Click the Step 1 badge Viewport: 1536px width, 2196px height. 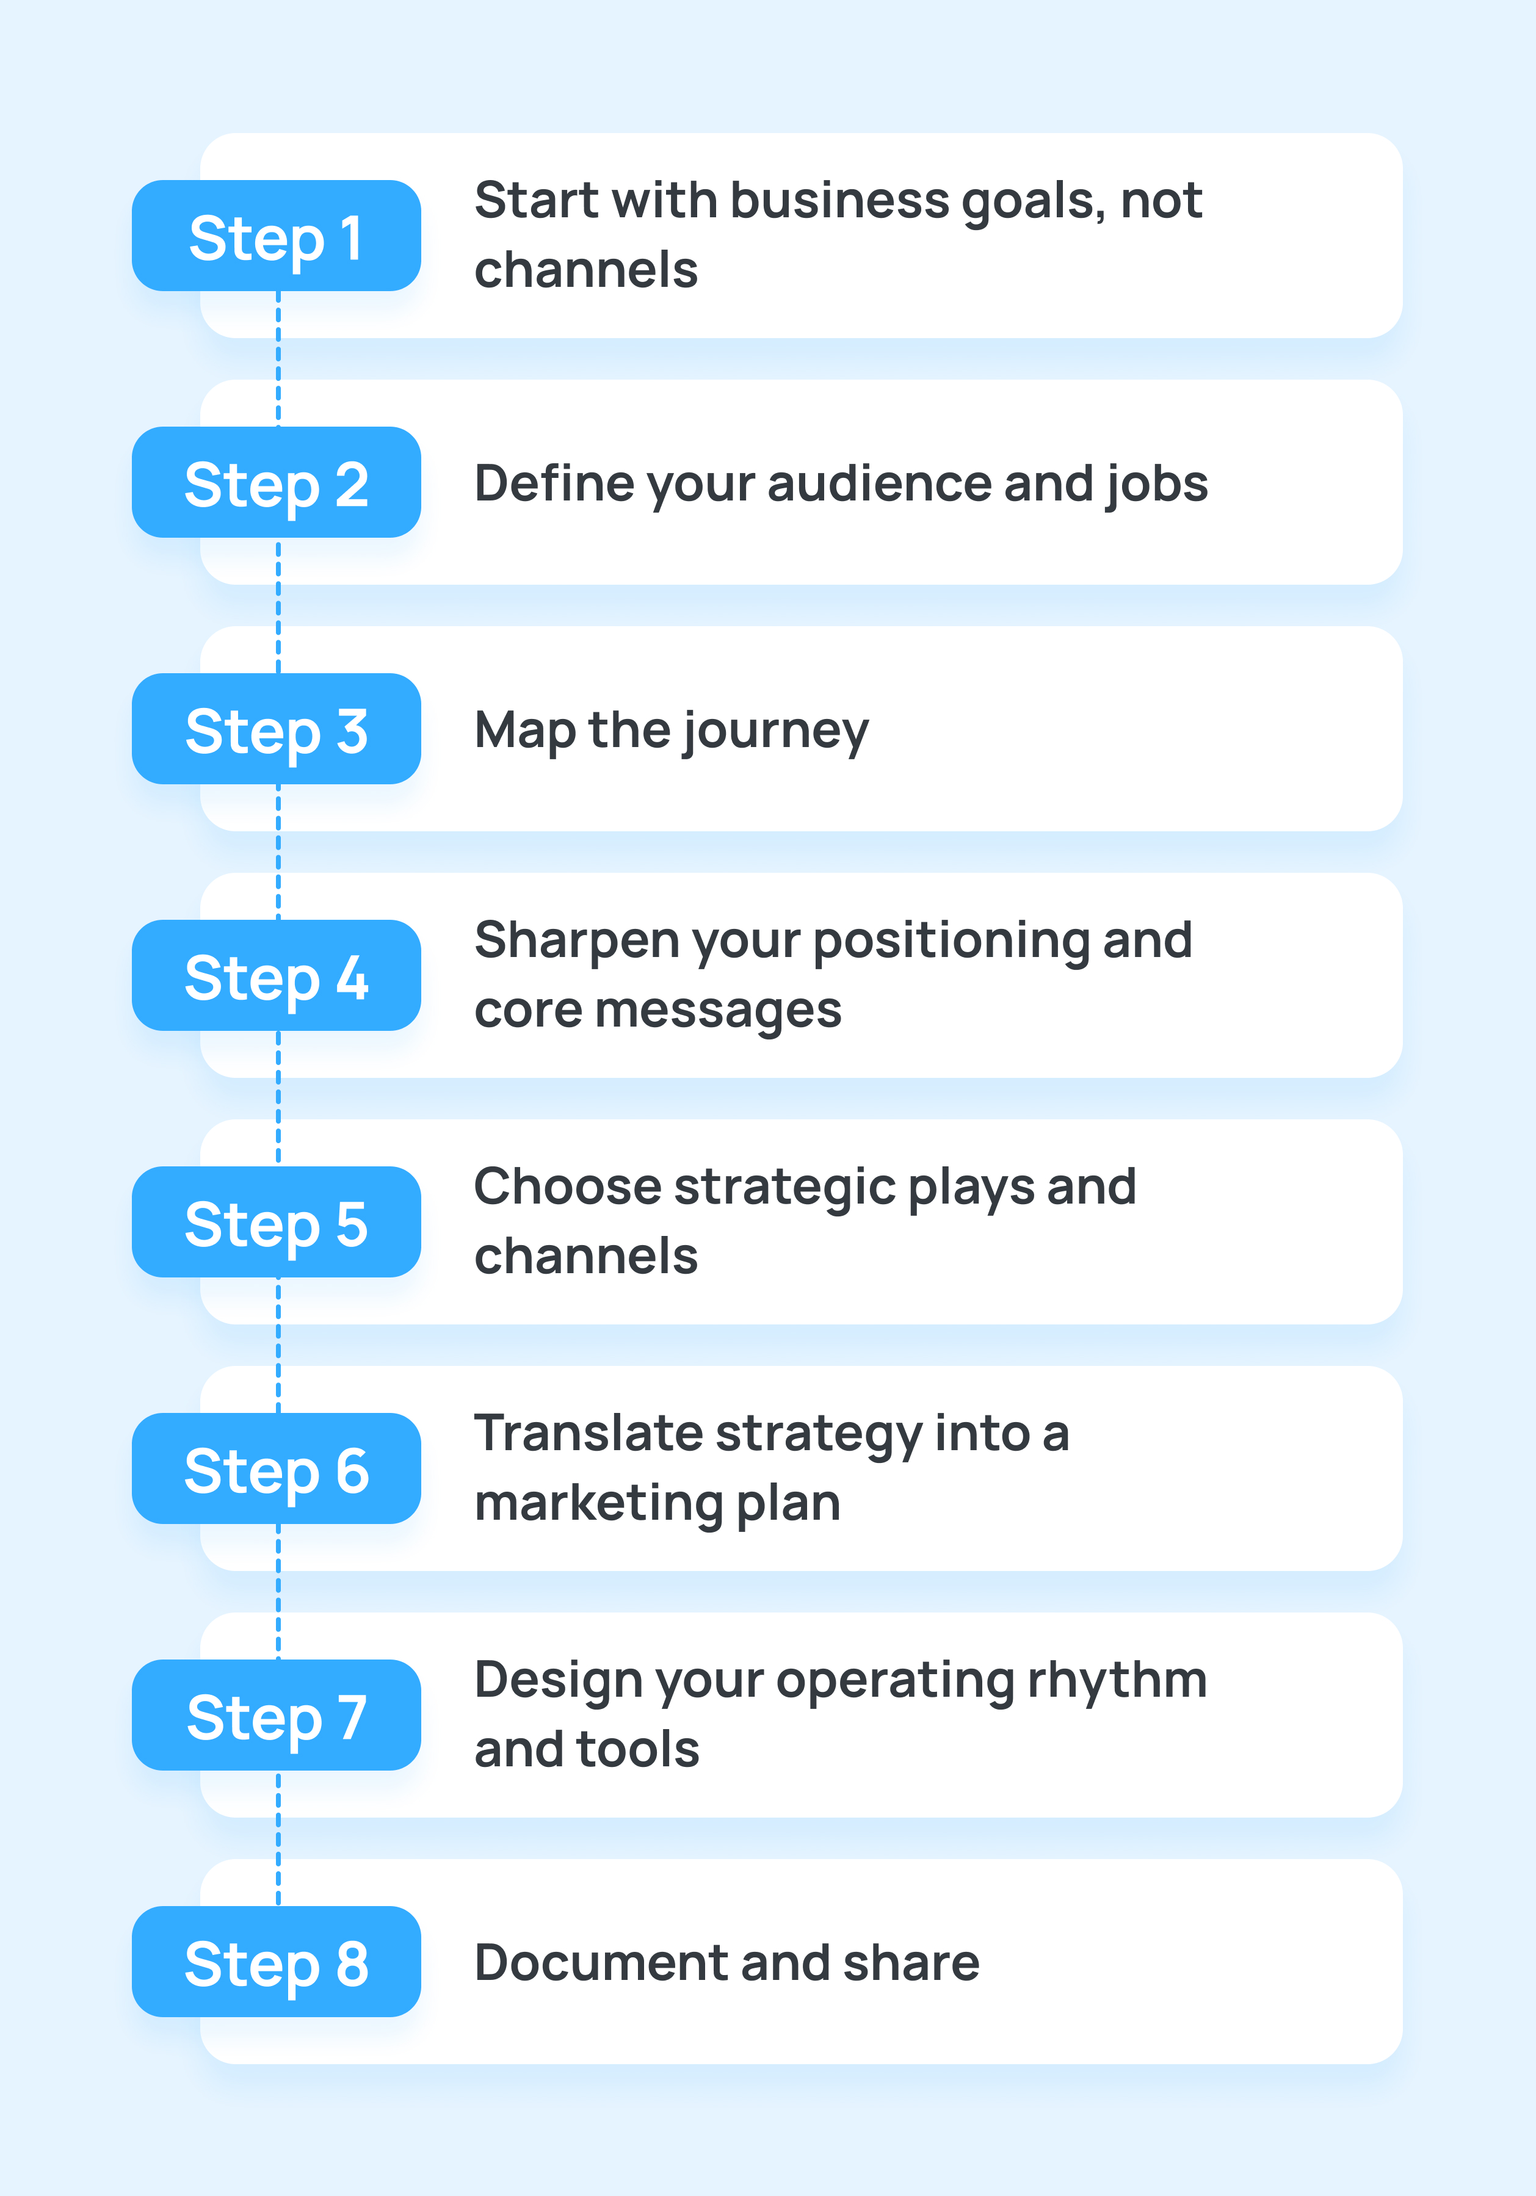click(277, 236)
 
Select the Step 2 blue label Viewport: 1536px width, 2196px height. click(277, 483)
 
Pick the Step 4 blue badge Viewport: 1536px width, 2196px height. click(277, 975)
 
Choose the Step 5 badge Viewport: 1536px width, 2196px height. click(277, 1223)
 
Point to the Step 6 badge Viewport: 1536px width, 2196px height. click(277, 1469)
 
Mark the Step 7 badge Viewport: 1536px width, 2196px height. click(277, 1716)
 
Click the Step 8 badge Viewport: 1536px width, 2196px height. click(277, 1963)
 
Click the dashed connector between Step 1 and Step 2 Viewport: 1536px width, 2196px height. click(278, 359)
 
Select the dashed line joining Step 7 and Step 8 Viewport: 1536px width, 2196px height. click(278, 1838)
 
